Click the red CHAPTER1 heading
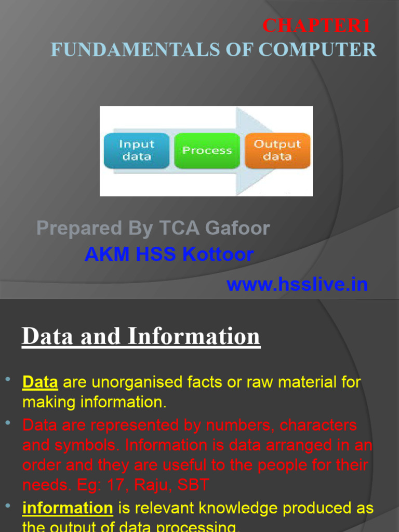click(316, 25)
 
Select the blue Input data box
click(137, 150)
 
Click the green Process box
click(207, 150)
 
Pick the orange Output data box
click(277, 150)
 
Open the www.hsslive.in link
click(297, 285)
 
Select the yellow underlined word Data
click(40, 383)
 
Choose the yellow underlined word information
click(68, 508)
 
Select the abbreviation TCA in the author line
click(178, 228)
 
